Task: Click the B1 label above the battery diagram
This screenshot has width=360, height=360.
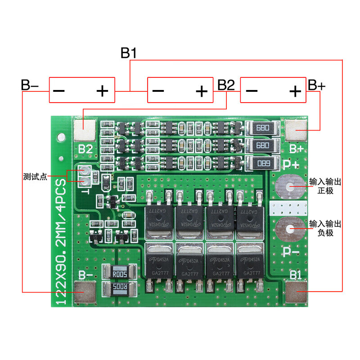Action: [x=129, y=53]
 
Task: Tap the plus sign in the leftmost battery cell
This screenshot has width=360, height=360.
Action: [x=103, y=91]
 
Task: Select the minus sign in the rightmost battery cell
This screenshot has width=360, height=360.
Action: [x=252, y=91]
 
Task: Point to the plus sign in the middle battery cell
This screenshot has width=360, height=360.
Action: [x=202, y=91]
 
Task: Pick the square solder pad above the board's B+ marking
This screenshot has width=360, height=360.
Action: [x=296, y=130]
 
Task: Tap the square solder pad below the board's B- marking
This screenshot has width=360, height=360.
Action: [x=84, y=292]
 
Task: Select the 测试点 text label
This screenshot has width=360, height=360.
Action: [x=35, y=176]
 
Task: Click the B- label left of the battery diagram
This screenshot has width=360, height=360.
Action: [x=30, y=85]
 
